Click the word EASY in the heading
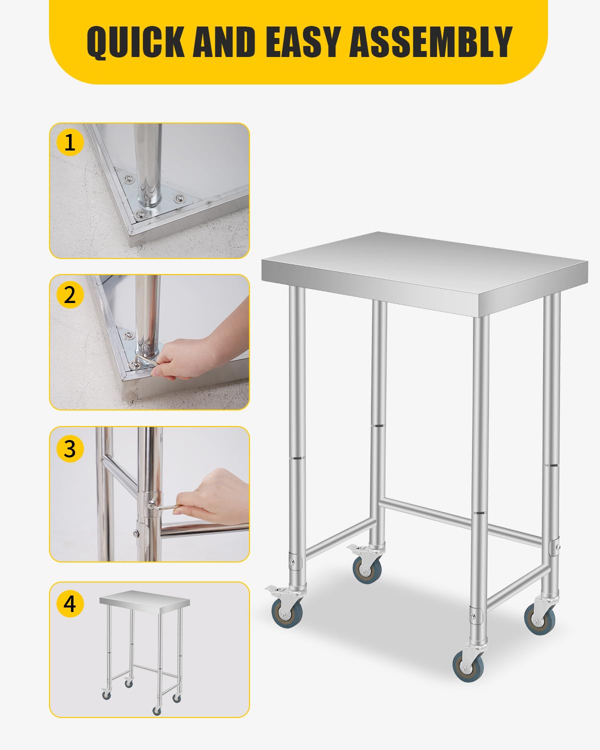(x=305, y=42)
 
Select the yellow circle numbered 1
(x=70, y=142)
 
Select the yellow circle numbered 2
(x=70, y=295)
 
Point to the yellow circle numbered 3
(x=70, y=448)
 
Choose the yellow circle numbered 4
(x=70, y=603)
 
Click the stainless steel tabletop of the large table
(x=425, y=265)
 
